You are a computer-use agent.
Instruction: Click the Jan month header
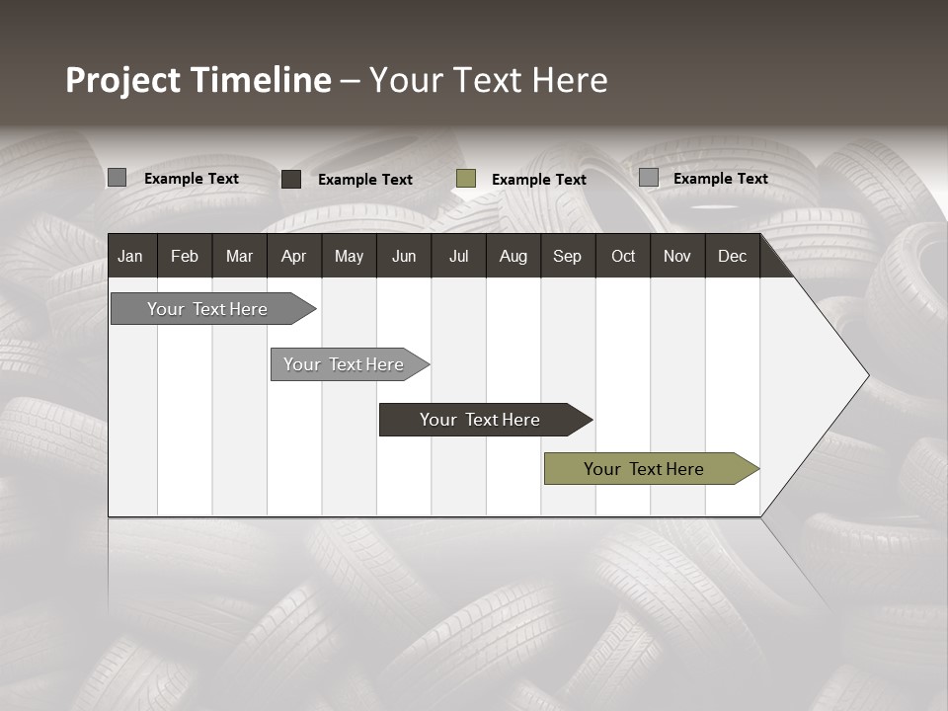click(131, 256)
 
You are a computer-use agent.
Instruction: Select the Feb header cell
click(185, 256)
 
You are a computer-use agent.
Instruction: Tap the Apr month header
click(293, 256)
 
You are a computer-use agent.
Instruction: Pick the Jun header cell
click(404, 256)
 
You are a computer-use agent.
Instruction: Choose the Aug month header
click(513, 256)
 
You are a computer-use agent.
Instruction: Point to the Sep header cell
click(567, 256)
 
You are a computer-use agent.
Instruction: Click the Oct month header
click(623, 256)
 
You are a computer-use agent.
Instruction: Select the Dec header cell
click(732, 256)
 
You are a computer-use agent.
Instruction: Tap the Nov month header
click(677, 256)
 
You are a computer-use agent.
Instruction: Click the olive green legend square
click(466, 179)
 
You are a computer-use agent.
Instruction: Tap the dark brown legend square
click(291, 179)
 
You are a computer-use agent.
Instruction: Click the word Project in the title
click(122, 80)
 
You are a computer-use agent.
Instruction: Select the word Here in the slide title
click(570, 80)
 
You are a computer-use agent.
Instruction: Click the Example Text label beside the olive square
click(538, 180)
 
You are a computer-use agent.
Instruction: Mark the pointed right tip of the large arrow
click(867, 375)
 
